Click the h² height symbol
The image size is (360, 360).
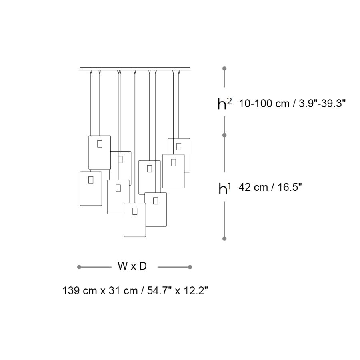tap(224, 103)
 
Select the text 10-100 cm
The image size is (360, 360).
tap(264, 104)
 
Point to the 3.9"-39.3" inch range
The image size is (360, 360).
tap(322, 104)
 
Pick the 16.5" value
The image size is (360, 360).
tap(290, 187)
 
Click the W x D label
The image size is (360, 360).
tap(132, 266)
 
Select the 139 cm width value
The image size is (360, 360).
tap(80, 291)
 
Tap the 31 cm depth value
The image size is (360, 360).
tap(123, 291)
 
